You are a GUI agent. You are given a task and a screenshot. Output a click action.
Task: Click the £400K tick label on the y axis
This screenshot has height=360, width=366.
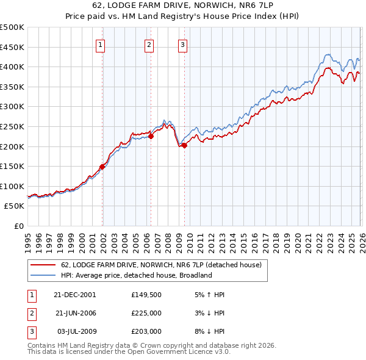pos(12,67)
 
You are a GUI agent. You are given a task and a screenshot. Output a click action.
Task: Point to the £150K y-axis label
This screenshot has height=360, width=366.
pos(12,166)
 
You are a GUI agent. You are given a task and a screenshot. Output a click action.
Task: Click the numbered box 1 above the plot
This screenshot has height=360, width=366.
pos(100,44)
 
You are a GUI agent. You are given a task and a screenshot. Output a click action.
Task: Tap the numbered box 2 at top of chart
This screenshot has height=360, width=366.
pos(149,44)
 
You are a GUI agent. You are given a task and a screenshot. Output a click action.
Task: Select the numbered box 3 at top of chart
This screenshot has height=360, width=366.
pos(182,44)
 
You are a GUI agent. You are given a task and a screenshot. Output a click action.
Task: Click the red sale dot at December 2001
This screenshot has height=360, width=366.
pos(102,166)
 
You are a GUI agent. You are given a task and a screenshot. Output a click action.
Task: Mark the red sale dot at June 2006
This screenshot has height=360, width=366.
pos(151,137)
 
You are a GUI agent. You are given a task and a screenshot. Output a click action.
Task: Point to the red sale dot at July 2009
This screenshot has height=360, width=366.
pos(184,145)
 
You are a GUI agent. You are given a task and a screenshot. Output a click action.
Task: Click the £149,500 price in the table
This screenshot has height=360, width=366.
pos(146,294)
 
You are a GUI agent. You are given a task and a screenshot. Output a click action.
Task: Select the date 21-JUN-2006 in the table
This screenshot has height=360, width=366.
pos(75,313)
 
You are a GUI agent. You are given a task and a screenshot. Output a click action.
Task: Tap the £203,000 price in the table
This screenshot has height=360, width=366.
pos(146,331)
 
